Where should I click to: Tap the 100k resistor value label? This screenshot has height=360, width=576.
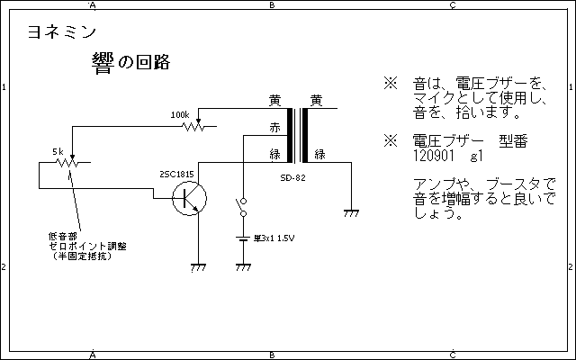[x=180, y=115]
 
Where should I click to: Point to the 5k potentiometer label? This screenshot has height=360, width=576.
[x=58, y=151]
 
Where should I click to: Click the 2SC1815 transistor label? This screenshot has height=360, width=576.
[x=176, y=173]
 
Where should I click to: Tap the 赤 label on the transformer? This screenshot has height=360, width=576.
[x=275, y=128]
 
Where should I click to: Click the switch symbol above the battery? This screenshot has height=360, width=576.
[x=241, y=209]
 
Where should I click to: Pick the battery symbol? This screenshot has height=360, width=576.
[x=241, y=239]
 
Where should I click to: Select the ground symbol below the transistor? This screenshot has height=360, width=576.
[x=197, y=267]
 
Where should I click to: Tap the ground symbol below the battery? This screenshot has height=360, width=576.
[x=241, y=267]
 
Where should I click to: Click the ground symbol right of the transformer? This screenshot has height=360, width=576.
[x=352, y=213]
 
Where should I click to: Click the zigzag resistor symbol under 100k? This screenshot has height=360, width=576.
[x=193, y=127]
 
